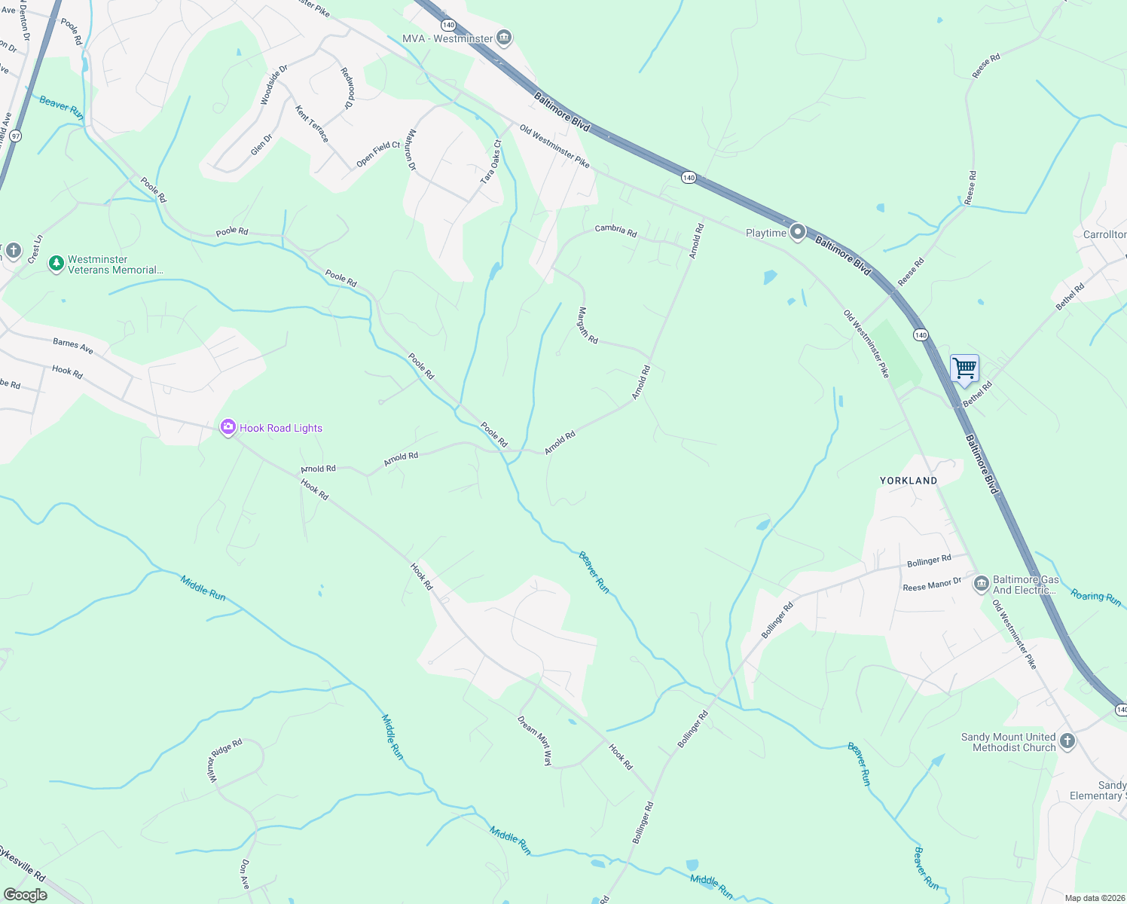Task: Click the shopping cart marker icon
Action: (964, 369)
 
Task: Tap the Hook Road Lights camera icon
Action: (228, 428)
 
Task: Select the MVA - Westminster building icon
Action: (504, 38)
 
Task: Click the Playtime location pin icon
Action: (798, 232)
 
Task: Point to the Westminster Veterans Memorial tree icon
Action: (56, 264)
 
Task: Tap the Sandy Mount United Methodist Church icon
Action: (1067, 741)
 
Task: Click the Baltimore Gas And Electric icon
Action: (981, 584)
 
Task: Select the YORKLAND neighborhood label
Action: (909, 481)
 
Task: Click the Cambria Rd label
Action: (615, 230)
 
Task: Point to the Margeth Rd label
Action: (588, 325)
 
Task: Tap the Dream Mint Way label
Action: (535, 740)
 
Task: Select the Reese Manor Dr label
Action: (932, 584)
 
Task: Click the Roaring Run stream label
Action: (1096, 598)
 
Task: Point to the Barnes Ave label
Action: (73, 347)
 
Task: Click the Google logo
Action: (25, 895)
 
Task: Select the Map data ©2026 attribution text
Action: (1094, 898)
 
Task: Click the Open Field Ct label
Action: (378, 154)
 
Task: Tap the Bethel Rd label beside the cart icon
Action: (978, 394)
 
